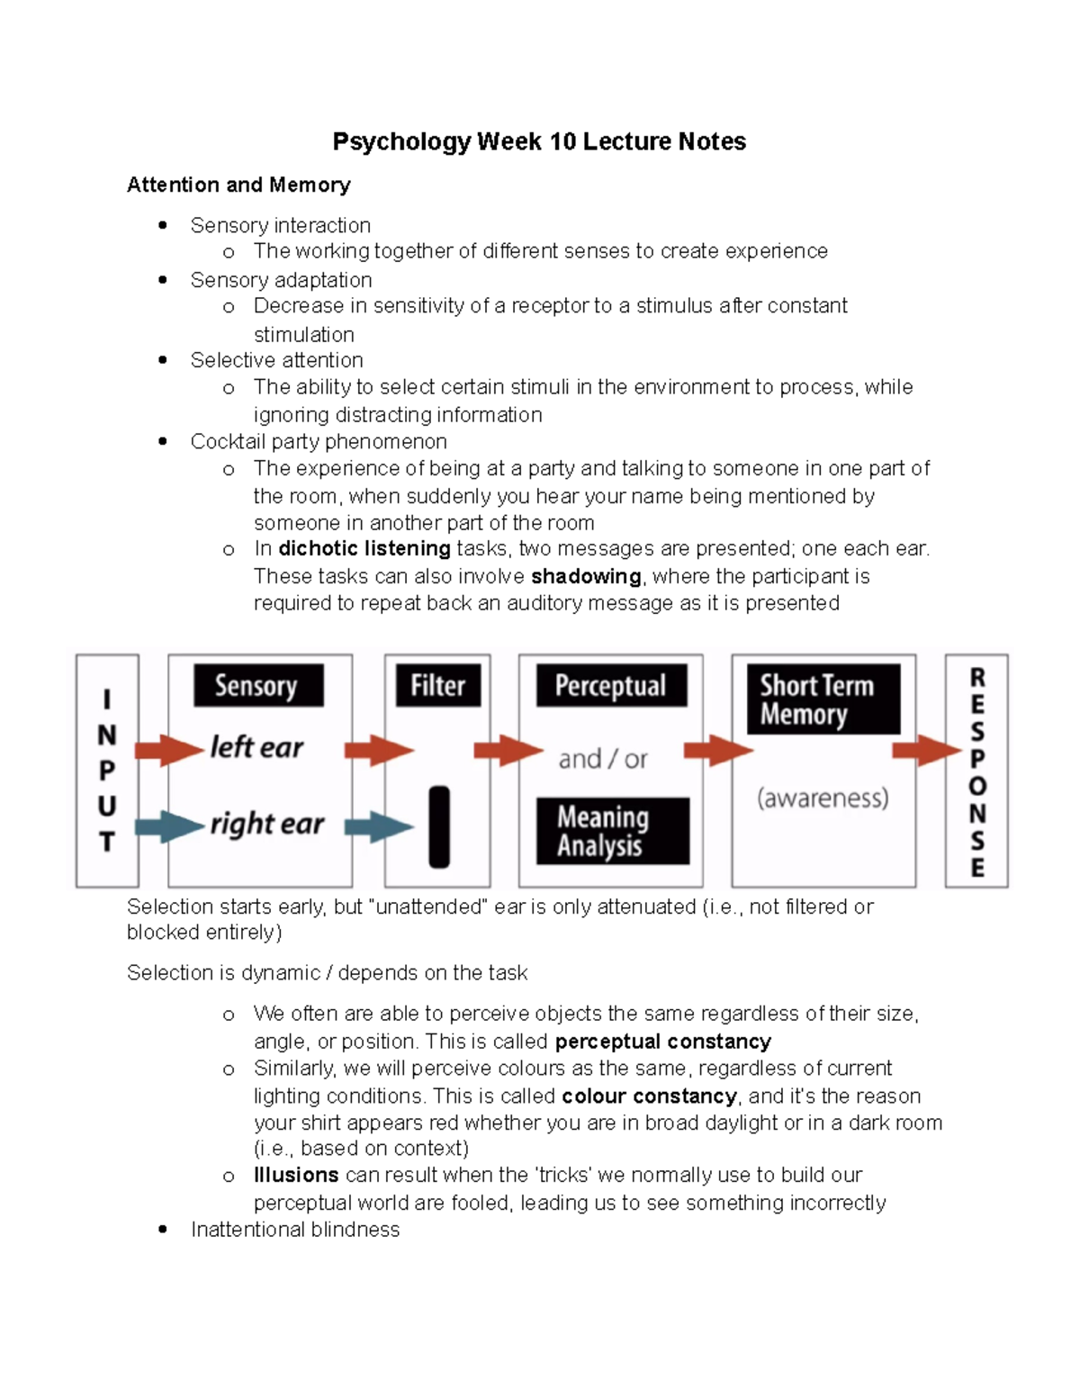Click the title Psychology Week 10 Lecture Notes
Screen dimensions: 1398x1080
coord(539,141)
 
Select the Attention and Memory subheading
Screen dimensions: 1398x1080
coord(238,185)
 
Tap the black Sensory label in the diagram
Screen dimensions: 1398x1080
coord(257,686)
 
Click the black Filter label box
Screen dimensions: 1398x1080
coord(437,686)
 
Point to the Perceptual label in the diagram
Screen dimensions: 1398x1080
coord(610,686)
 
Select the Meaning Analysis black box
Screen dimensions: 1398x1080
coord(612,831)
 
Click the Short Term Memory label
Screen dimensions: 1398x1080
coord(823,699)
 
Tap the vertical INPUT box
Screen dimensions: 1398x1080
coord(107,771)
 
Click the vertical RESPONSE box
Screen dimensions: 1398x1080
coord(976,771)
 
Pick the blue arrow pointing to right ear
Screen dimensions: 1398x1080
coord(169,825)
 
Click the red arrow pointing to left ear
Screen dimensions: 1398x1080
coord(169,749)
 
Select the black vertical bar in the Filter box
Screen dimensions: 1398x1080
coord(439,826)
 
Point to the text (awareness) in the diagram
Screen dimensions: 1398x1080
coord(823,798)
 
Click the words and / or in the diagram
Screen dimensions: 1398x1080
coord(602,760)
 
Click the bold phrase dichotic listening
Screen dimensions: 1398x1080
coord(364,549)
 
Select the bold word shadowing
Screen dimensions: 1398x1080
coord(586,576)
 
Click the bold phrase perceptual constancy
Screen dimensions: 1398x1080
coord(662,1042)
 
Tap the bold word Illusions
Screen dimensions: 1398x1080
coord(296,1175)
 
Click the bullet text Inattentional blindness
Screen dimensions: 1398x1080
coord(295,1230)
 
